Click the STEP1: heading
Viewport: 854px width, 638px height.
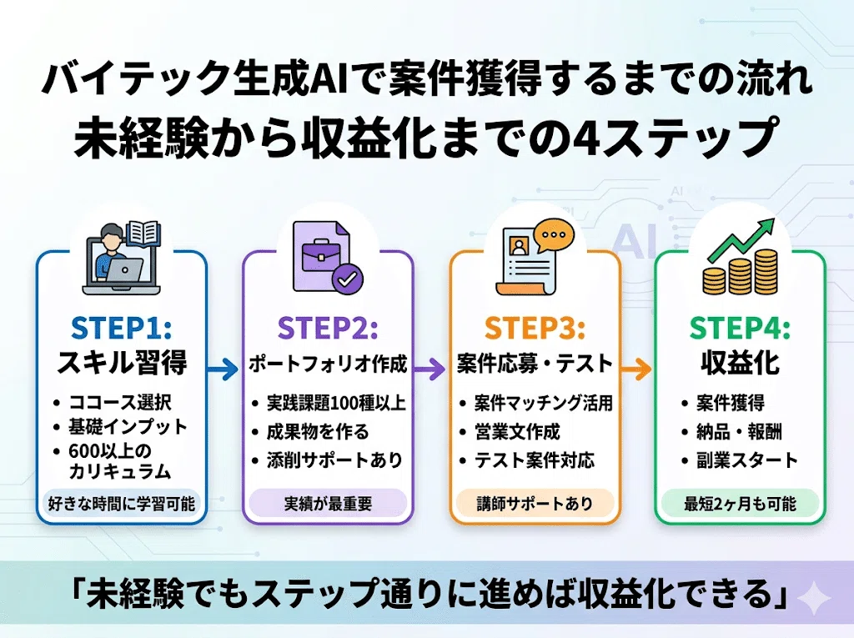[x=121, y=328]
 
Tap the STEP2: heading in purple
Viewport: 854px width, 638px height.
[x=327, y=328]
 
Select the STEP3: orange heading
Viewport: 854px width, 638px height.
[x=535, y=328]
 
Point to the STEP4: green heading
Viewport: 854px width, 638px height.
[x=740, y=328]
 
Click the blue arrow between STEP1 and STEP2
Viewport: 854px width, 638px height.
[x=224, y=369]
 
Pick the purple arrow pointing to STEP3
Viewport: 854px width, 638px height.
[x=430, y=369]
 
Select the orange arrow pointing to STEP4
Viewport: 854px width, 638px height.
[x=636, y=369]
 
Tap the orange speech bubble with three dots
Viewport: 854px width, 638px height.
[x=554, y=236]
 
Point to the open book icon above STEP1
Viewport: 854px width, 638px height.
[x=143, y=234]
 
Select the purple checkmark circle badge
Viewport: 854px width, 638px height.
[x=348, y=279]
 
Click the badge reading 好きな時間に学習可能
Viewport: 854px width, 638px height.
[x=122, y=504]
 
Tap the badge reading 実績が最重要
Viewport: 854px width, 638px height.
[x=328, y=504]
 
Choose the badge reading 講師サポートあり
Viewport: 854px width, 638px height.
[x=535, y=504]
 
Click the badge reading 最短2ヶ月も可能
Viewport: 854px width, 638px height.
[x=741, y=504]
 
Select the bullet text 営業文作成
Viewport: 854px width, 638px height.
[x=517, y=431]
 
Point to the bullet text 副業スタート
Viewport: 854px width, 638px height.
[x=746, y=460]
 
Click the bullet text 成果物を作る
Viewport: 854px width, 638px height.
[x=318, y=431]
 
